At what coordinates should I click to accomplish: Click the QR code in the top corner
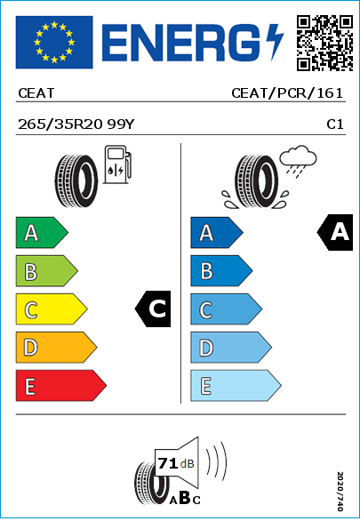(324, 43)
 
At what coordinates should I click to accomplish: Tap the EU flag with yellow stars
(54, 42)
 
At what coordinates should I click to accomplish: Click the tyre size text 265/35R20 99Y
(76, 124)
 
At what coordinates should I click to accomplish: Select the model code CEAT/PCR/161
(287, 93)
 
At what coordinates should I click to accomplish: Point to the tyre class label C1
(335, 124)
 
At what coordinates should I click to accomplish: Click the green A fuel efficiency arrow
(42, 233)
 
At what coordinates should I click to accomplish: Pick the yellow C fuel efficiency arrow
(52, 309)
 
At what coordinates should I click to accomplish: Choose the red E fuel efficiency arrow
(61, 386)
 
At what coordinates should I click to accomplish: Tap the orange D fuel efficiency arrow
(56, 348)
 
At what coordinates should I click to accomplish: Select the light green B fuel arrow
(46, 271)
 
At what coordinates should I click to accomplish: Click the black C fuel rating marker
(153, 309)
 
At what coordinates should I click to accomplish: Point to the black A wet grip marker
(335, 232)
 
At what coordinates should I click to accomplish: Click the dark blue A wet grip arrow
(217, 233)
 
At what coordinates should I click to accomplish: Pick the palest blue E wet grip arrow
(236, 386)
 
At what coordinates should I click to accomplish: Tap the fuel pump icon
(117, 164)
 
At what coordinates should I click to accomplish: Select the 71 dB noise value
(176, 463)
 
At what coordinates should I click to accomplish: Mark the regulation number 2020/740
(340, 491)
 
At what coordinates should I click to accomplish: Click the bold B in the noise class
(185, 498)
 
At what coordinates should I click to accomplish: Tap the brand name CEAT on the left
(36, 93)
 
